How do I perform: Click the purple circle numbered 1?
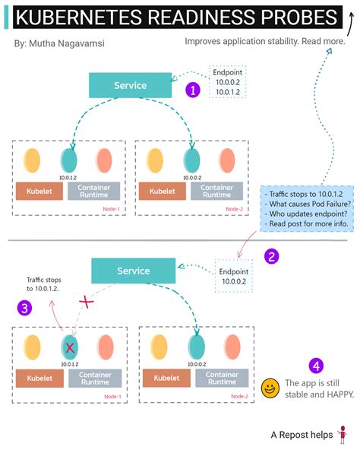tap(194, 90)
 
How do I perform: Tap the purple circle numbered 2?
tap(272, 256)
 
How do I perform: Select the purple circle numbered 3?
tap(26, 308)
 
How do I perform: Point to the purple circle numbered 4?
tap(316, 366)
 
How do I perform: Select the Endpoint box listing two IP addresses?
tap(228, 83)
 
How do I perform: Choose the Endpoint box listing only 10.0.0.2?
tap(233, 274)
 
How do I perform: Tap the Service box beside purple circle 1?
tap(130, 86)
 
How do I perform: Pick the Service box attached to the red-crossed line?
tap(133, 271)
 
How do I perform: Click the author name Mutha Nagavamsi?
tap(59, 43)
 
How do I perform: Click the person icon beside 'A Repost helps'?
tap(343, 435)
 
